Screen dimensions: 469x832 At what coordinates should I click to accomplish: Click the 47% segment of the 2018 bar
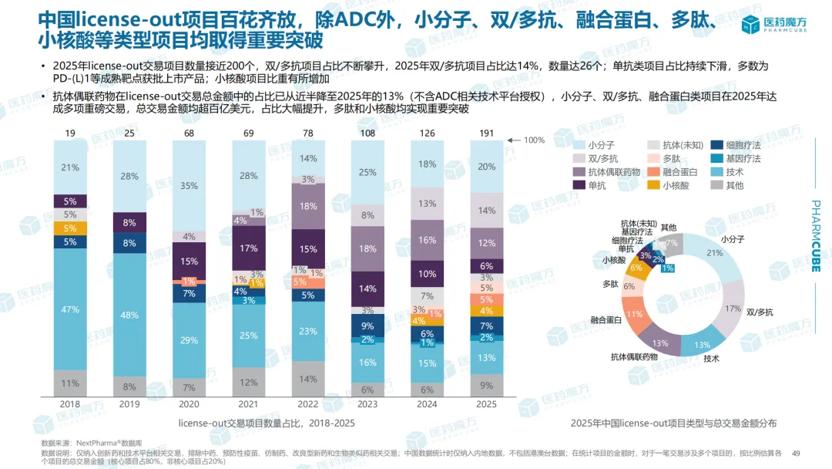(70, 309)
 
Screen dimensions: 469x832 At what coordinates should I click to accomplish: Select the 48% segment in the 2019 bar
(129, 315)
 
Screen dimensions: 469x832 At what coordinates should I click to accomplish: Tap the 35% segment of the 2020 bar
(190, 186)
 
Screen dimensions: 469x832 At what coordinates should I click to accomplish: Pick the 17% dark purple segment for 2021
(249, 248)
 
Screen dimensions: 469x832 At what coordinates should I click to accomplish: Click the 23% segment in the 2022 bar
(308, 331)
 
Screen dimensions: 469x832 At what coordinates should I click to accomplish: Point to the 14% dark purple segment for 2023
(368, 288)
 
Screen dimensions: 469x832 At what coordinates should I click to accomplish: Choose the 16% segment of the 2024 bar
(428, 241)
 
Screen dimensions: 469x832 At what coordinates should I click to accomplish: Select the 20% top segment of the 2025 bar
(487, 167)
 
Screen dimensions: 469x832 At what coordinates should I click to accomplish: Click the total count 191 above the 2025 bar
(487, 134)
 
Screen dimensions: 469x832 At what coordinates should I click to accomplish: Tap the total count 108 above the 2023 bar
(368, 134)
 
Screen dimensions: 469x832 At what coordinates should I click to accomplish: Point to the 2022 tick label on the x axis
(308, 403)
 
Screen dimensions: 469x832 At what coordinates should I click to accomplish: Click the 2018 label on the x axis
(70, 403)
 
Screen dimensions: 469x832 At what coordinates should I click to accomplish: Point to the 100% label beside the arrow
(534, 140)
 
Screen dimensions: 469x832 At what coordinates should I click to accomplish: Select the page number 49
(797, 453)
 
